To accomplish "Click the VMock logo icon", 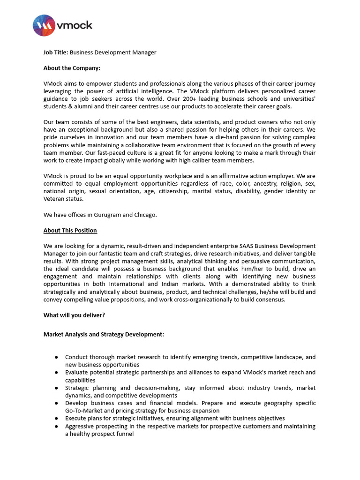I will tap(44, 25).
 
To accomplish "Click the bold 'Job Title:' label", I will tap(56, 52).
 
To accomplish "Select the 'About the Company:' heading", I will tap(72, 68).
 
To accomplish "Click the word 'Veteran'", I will tap(54, 199).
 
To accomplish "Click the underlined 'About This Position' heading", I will tap(70, 230).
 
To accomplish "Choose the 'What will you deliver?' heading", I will tap(74, 315).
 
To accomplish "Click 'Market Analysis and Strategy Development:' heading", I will tap(104, 334).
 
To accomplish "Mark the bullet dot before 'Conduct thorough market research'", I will tap(56, 357).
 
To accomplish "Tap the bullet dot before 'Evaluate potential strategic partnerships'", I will tap(56, 373).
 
